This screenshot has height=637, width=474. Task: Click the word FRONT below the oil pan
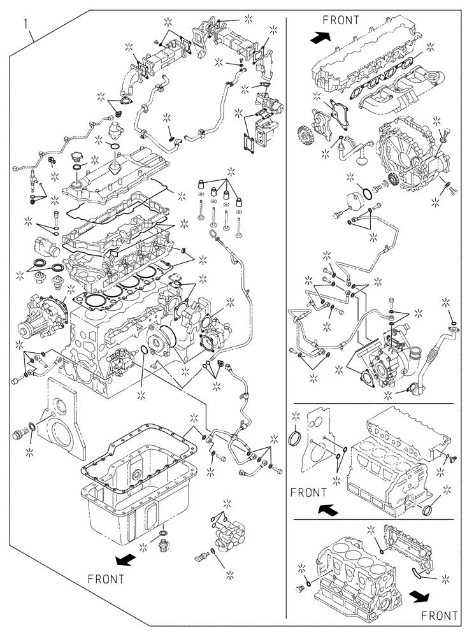[106, 580]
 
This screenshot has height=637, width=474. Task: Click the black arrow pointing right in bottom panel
[418, 596]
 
